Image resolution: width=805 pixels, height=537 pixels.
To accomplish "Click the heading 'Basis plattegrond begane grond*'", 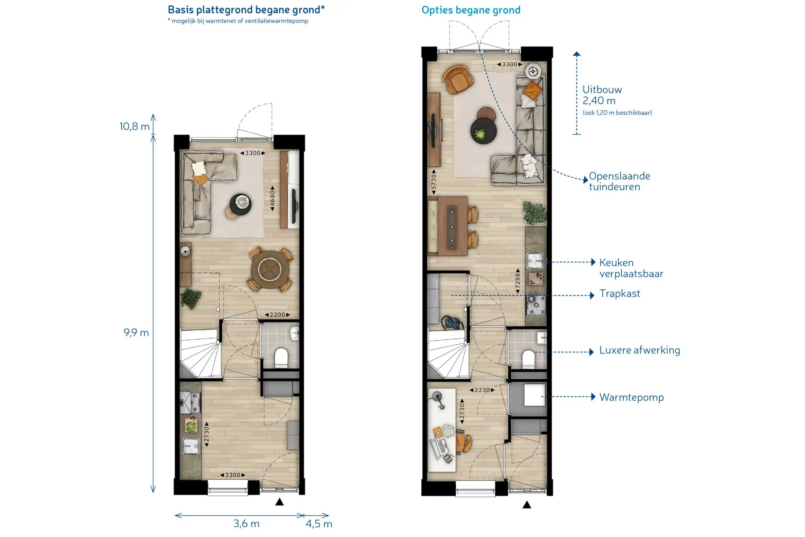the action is (246, 10).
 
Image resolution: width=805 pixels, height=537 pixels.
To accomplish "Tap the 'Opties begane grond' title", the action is (471, 10).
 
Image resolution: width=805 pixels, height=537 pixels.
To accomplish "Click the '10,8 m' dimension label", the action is (134, 126).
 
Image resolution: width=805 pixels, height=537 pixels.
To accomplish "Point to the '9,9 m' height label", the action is (136, 333).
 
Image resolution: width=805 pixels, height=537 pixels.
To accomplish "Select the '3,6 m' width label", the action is (247, 524).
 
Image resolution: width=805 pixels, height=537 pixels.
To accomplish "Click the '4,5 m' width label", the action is (319, 524).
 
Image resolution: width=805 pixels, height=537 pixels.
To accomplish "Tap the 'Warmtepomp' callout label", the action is (631, 397).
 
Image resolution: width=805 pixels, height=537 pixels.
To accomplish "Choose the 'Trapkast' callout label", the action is (620, 293).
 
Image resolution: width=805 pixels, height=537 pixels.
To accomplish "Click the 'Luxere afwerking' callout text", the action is (640, 350).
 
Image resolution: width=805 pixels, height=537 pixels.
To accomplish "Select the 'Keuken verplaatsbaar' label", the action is (631, 268).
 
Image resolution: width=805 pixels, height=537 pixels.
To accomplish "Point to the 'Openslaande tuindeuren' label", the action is (620, 181).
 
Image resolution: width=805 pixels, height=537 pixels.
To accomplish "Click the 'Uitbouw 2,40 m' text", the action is (602, 95).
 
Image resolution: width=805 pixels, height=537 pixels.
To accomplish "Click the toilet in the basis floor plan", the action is (281, 358).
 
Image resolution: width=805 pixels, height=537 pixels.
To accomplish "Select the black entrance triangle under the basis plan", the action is (280, 502).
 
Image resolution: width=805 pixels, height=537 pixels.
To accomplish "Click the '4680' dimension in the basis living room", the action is (273, 198).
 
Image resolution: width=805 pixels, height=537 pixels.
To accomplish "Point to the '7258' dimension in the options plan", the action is (518, 281).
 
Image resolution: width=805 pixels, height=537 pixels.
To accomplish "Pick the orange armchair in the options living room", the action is (457, 79).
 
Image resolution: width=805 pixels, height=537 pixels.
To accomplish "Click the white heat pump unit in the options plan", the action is (535, 394).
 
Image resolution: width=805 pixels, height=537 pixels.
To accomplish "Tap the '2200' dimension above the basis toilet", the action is (277, 315).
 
